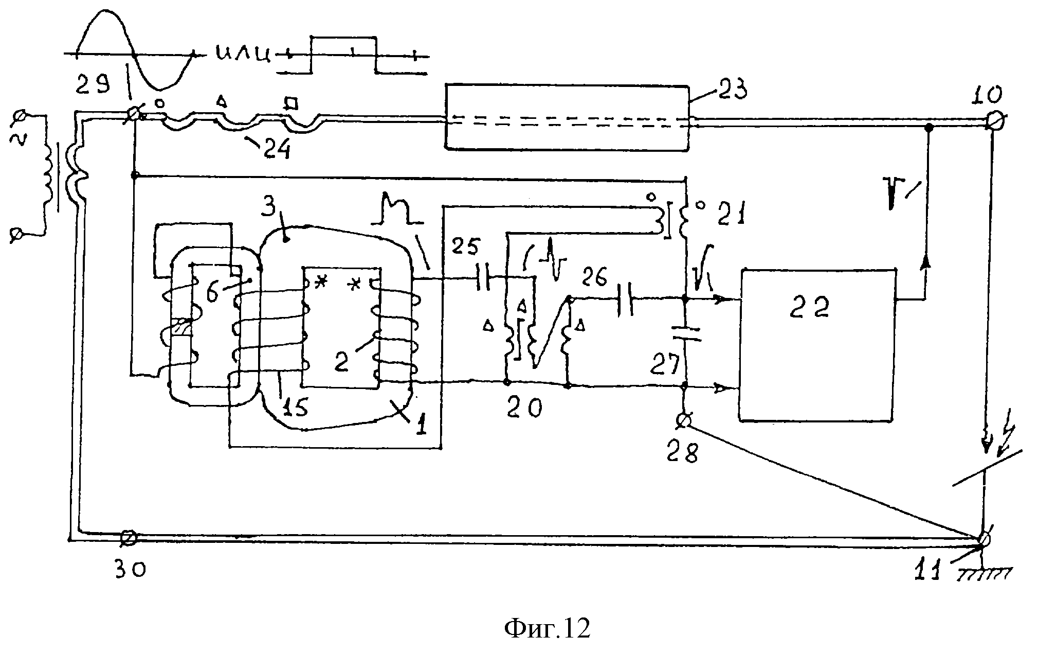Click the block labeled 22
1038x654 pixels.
[817, 346]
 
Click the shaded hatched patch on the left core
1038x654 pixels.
[181, 328]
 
